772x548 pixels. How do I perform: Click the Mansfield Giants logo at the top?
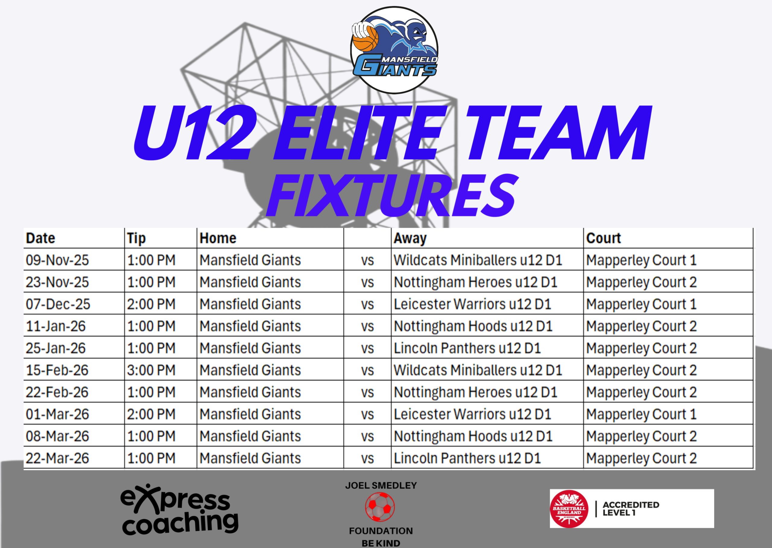pyautogui.click(x=394, y=50)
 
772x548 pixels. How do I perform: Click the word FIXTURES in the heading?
pyautogui.click(x=391, y=196)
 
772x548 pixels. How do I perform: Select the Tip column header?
pyautogui.click(x=136, y=238)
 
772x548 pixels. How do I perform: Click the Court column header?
pyautogui.click(x=603, y=238)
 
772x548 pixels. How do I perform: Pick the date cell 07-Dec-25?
pyautogui.click(x=58, y=304)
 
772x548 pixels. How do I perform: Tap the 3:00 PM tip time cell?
pyautogui.click(x=151, y=370)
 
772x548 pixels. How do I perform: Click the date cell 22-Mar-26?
pyautogui.click(x=57, y=458)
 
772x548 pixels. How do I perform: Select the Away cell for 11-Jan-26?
pyautogui.click(x=473, y=326)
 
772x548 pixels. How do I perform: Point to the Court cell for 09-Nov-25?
pyautogui.click(x=641, y=260)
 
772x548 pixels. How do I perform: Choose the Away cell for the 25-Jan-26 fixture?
pyautogui.click(x=467, y=348)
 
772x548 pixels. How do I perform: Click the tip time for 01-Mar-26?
pyautogui.click(x=151, y=414)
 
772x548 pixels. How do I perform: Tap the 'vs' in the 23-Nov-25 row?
pyautogui.click(x=367, y=282)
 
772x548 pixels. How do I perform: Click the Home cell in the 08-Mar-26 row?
pyautogui.click(x=250, y=436)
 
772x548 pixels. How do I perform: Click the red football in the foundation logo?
pyautogui.click(x=380, y=506)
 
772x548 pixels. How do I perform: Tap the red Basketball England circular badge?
pyautogui.click(x=569, y=509)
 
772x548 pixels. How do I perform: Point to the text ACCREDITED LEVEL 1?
pyautogui.click(x=631, y=509)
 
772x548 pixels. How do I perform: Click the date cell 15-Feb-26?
pyautogui.click(x=57, y=370)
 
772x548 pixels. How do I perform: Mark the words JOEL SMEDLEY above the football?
pyautogui.click(x=381, y=486)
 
